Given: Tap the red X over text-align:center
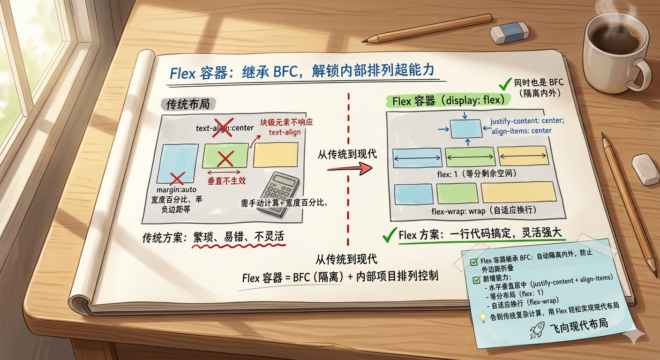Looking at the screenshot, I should pos(222,127).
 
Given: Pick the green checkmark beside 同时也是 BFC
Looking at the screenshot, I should pos(505,84).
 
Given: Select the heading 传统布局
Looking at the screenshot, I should pos(187,104).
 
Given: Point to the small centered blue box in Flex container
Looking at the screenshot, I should pos(466,129).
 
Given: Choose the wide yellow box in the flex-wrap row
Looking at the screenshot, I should pos(518,192).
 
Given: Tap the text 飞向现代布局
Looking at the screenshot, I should pos(578,325).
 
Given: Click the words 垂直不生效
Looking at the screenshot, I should pos(227,180).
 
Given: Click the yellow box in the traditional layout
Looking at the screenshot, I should pos(276,155).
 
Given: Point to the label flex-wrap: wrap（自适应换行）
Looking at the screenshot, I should pos(484,210).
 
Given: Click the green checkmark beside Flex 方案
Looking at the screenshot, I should pos(389,235).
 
